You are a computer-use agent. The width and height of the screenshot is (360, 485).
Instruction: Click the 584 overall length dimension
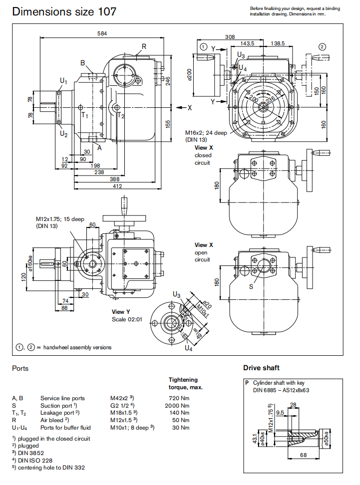coord(103,33)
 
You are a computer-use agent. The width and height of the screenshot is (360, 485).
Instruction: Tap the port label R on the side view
coord(144,46)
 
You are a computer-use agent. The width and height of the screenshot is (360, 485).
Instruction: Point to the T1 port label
coord(85,115)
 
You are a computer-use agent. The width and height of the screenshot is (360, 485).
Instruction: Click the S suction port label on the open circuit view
coord(251,286)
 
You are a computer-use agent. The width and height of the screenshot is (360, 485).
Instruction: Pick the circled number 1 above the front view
coord(203,46)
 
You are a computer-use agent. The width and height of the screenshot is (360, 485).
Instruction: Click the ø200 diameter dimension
coord(189,75)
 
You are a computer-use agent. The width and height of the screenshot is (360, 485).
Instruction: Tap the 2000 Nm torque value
coord(179,405)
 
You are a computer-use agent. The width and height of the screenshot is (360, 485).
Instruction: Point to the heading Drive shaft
coord(261,368)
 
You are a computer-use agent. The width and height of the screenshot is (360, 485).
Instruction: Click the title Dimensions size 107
coord(64,11)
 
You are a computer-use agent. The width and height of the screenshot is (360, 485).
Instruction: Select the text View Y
coord(121,312)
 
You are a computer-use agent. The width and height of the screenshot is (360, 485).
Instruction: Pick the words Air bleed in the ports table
coord(53,420)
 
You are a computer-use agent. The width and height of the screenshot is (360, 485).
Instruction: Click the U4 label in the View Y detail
coord(188,348)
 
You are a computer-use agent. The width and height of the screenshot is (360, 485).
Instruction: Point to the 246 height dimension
coord(168,79)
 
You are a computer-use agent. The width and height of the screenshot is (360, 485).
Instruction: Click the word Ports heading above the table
coord(20,369)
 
